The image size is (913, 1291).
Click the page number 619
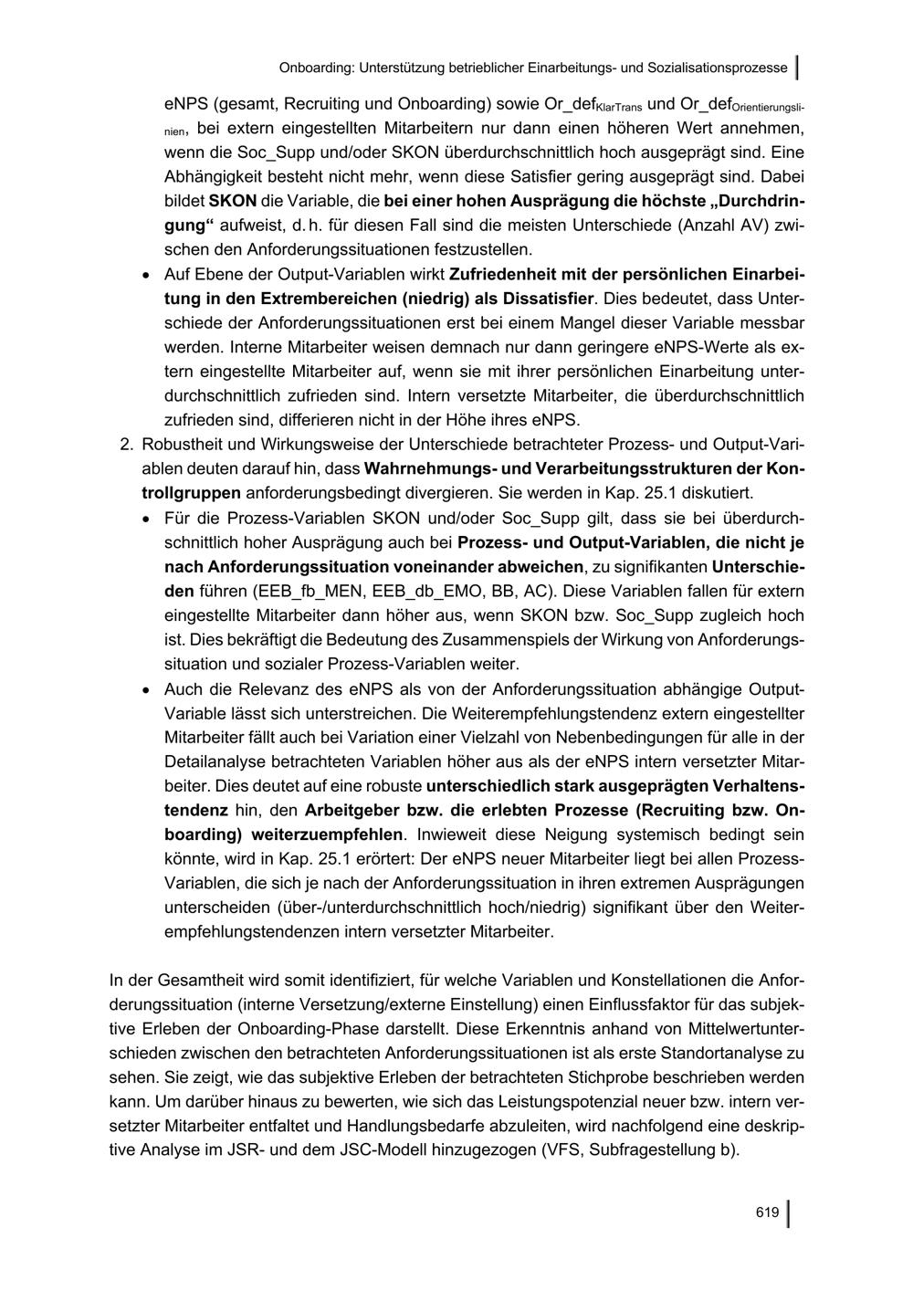click(x=767, y=1212)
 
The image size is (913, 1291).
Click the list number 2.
click(x=127, y=445)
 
